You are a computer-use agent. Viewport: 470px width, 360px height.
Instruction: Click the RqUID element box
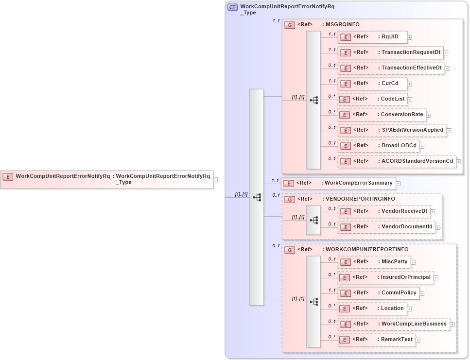tap(372, 37)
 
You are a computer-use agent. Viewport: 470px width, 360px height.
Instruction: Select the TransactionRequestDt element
tap(390, 52)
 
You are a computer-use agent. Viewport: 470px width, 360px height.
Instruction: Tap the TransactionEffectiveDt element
tap(391, 68)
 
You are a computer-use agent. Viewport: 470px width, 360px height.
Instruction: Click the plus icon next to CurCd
tap(410, 84)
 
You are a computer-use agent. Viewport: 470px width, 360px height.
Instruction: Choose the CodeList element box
tap(372, 99)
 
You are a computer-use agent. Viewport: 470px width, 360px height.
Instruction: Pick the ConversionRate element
tap(382, 115)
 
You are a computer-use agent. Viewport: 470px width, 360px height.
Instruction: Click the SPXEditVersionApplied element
tap(392, 130)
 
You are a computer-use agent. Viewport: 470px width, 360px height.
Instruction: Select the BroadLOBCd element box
tap(378, 146)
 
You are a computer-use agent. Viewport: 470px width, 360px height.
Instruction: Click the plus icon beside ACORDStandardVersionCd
tap(458, 161)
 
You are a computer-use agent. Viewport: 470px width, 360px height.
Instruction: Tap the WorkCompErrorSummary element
tap(339, 183)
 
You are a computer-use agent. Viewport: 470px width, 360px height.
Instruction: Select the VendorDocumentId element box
tap(386, 226)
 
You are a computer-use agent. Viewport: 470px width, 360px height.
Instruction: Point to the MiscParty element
tap(374, 262)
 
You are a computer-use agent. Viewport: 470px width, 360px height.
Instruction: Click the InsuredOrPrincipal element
tap(385, 277)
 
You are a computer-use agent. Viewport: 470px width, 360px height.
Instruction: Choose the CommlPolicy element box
tap(379, 293)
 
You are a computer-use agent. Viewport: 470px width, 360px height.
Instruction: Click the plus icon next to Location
tap(409, 309)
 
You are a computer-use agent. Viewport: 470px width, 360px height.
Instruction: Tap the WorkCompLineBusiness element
tap(393, 324)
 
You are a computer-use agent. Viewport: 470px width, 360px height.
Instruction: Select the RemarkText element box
tap(377, 340)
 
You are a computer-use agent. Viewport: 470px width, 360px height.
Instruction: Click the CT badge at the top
tap(232, 7)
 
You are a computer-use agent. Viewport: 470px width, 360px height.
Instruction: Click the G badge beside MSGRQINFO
tap(290, 25)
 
